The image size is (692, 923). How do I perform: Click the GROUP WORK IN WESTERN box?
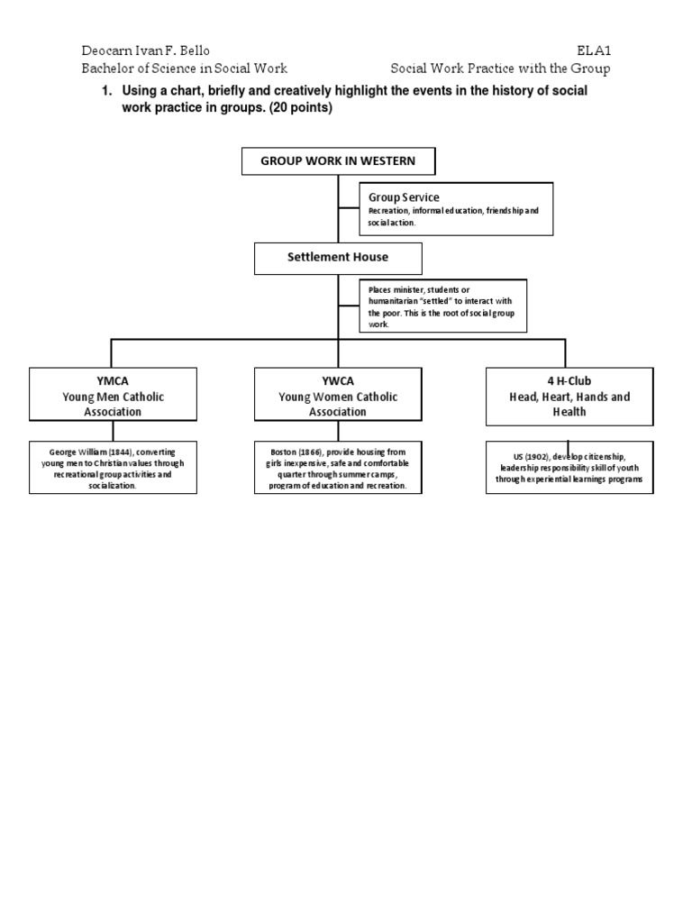coord(338,161)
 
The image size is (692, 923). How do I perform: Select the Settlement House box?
coord(338,257)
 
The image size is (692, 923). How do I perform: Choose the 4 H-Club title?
coord(570,380)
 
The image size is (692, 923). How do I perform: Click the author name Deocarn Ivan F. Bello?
coord(144,50)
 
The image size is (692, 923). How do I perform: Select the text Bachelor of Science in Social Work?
coord(184,69)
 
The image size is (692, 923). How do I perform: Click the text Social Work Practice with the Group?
coord(500,69)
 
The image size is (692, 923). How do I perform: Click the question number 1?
coord(105,93)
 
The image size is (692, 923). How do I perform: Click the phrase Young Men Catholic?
coord(114,397)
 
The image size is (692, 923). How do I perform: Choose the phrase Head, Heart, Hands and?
coord(570,397)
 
